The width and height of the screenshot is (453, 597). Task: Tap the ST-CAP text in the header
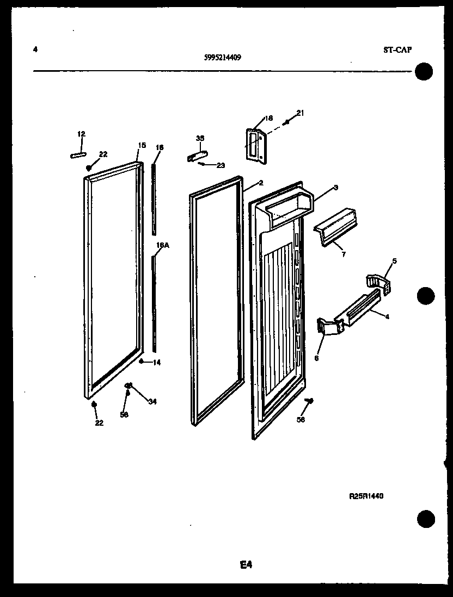pos(397,50)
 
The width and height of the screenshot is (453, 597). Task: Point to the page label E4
pos(246,565)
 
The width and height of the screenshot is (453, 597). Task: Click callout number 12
pos(81,134)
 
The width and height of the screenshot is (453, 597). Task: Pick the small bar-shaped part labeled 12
pos(79,155)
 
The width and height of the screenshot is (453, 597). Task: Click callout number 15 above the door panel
pos(142,145)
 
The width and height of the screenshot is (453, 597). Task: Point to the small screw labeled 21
pos(287,122)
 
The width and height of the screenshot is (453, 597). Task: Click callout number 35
pos(200,139)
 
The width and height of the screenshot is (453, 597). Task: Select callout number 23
pos(221,165)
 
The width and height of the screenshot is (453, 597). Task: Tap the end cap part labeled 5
pos(378,283)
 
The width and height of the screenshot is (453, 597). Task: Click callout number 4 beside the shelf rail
pos(387,316)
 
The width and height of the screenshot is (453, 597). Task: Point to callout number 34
pos(152,402)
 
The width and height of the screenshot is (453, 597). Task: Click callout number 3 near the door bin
pos(336,188)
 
